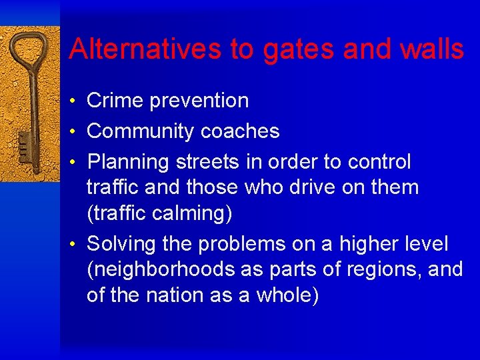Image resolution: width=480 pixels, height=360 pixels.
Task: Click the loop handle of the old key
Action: [x=28, y=53]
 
